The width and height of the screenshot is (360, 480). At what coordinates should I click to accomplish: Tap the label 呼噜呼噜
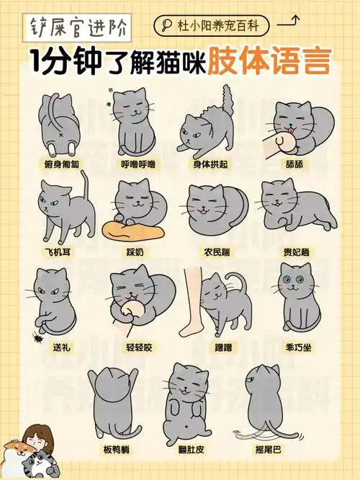pos(137,164)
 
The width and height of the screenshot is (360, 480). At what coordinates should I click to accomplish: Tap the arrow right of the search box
pos(288,23)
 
